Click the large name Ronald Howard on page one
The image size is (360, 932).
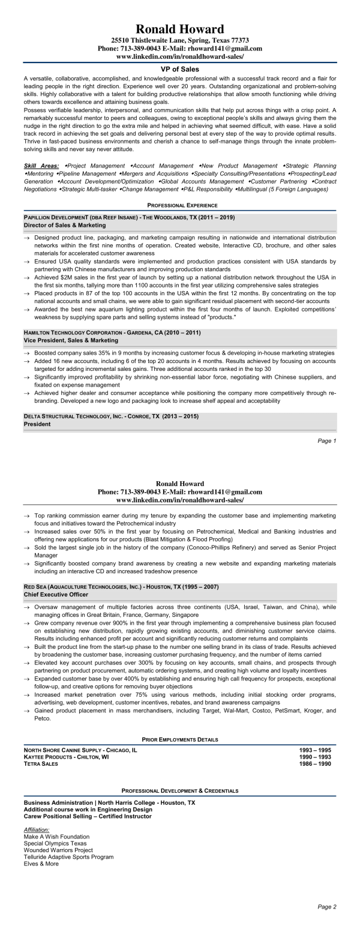coord(180,29)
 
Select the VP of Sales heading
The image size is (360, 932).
coord(180,69)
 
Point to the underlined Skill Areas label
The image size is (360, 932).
coord(41,165)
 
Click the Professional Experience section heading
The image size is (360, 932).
coord(180,205)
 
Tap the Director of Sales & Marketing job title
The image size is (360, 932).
coord(65,225)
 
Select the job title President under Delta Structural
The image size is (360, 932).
coord(37,424)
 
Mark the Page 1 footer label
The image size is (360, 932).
coord(327,441)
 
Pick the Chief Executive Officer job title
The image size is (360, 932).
coord(56,594)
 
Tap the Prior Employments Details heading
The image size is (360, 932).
coord(180,739)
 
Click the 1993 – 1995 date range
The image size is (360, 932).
coord(315,750)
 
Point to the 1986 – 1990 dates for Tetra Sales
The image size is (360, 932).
coord(315,763)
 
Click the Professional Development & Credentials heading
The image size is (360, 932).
coord(180,791)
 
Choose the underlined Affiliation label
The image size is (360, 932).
coord(37,829)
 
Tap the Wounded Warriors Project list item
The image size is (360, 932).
coord(58,850)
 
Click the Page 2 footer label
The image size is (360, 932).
coord(327,906)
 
